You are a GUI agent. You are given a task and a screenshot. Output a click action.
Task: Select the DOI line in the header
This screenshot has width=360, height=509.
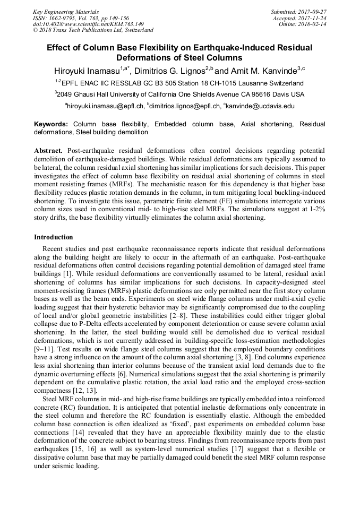(88, 24)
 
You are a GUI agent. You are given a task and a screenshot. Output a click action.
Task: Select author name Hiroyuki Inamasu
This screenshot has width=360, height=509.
(87, 71)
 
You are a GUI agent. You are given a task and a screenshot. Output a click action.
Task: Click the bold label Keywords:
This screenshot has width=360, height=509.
(51, 124)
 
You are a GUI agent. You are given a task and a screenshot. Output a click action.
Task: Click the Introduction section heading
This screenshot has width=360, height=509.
(54, 237)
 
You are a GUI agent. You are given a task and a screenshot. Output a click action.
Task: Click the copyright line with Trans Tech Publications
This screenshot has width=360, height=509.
(93, 30)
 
